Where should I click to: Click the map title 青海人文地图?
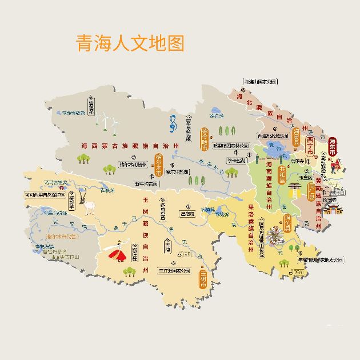click(130, 43)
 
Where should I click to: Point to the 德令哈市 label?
click(205, 139)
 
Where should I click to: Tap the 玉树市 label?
click(203, 278)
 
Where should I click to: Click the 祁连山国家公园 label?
click(261, 82)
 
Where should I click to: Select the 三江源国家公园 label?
click(167, 270)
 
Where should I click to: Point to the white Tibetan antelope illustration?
click(89, 206)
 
